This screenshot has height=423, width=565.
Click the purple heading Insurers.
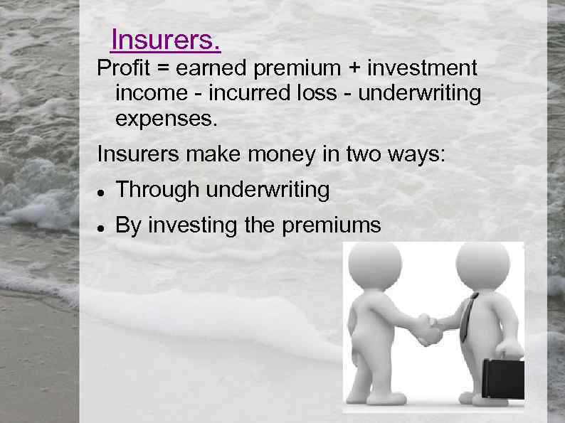tap(166, 41)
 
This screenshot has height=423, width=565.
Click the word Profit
tap(120, 68)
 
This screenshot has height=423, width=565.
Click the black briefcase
tap(503, 377)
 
